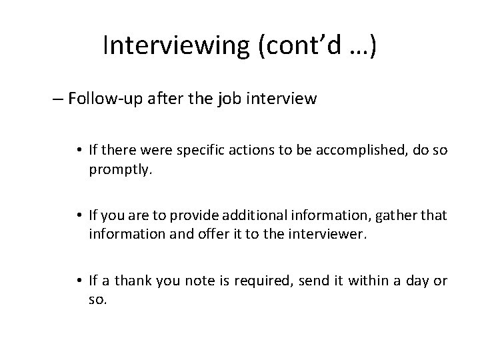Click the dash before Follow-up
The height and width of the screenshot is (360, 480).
[x=57, y=100]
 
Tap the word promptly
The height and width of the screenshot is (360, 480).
[x=120, y=170]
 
